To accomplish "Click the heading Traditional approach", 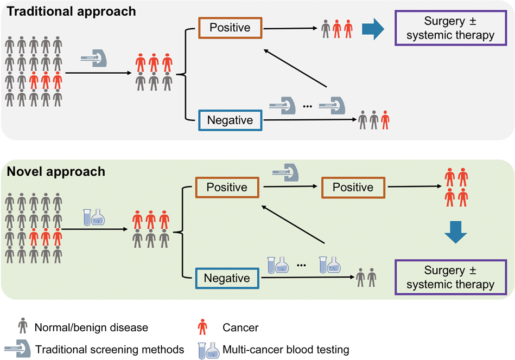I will [71, 11].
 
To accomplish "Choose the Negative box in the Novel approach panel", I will [227, 278].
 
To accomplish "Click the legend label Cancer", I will [240, 327].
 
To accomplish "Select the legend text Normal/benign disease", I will [91, 327].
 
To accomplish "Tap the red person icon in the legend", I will [202, 327].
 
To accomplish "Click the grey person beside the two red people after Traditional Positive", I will [326, 28].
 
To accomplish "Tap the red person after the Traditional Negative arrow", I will [385, 120].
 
